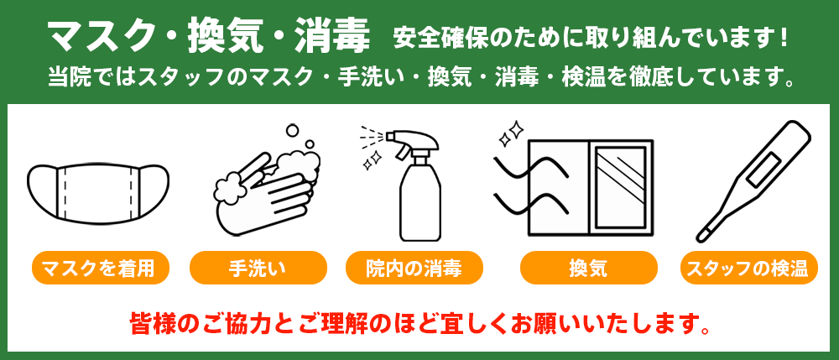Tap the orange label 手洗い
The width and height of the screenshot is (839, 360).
point(258,269)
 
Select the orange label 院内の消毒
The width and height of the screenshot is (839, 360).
point(414,269)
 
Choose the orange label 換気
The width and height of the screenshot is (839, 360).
point(587,269)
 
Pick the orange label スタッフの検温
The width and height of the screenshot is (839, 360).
point(748,269)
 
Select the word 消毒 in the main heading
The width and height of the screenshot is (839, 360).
point(333,36)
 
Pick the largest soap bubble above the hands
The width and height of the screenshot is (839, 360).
point(292,132)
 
